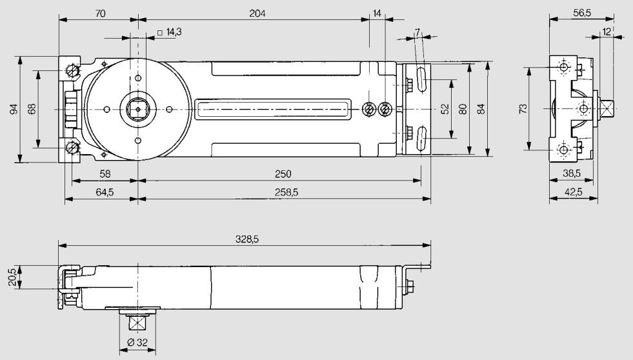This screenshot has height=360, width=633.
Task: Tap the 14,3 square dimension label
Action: coord(170,32)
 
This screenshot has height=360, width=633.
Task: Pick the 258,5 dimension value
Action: coord(283,192)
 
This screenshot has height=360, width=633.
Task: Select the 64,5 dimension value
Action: coord(101,192)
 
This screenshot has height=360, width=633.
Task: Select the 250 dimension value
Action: coord(283,174)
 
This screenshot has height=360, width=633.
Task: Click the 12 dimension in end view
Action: coord(606,32)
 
